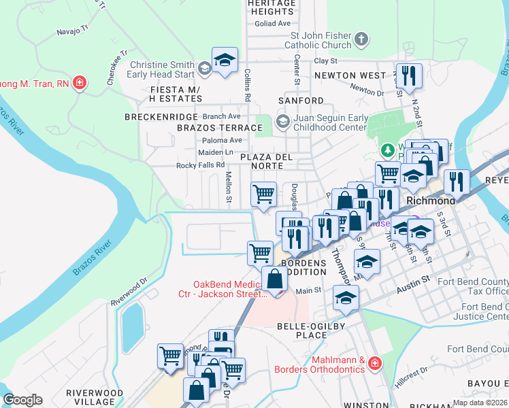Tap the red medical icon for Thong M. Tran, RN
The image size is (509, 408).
[80, 83]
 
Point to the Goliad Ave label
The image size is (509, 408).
[273, 23]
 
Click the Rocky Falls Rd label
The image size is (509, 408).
[200, 165]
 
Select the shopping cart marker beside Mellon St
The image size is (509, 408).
[263, 194]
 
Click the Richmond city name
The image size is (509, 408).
[430, 201]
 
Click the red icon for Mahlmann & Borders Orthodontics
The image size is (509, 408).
[374, 365]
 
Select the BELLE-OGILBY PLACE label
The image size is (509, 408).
[305, 331]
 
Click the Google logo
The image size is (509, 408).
[23, 400]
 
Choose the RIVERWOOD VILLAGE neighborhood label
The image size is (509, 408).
[94, 397]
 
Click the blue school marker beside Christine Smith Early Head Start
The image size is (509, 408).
[224, 59]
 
